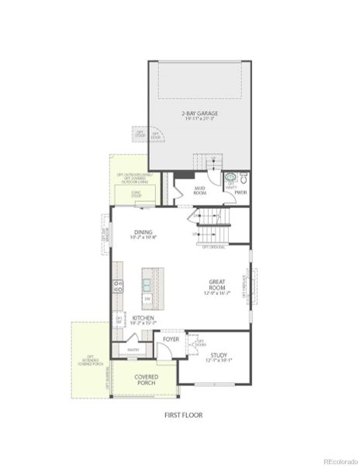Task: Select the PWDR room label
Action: point(241,192)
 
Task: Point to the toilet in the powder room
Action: point(242,177)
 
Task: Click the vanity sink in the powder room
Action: point(230,177)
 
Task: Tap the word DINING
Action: point(143,231)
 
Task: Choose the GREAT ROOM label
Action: point(216,285)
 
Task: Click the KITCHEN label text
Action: point(143,318)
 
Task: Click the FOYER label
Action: point(171,339)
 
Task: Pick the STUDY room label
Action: point(218,355)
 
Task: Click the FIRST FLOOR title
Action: point(183,416)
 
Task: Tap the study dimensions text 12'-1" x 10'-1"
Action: point(218,361)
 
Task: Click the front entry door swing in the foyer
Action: point(166,353)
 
